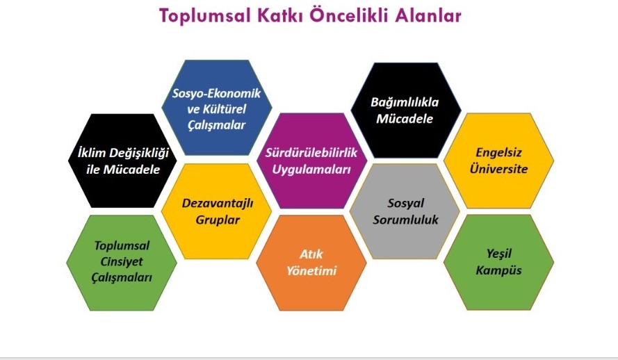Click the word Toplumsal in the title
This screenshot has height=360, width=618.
pos(205,16)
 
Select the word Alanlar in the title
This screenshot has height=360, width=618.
pos(428,16)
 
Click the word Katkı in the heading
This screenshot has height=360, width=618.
pos(280,16)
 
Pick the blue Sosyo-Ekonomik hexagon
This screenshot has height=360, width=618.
pos(217,108)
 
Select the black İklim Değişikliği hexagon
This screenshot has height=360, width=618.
pos(122,161)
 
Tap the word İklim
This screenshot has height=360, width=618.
pos(91,152)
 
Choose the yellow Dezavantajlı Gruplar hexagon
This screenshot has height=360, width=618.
pos(217,211)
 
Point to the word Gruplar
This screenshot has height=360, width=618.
pos(218,220)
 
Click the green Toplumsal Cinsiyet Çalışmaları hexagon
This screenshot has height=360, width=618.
pos(122,263)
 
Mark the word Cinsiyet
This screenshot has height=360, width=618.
pos(122,261)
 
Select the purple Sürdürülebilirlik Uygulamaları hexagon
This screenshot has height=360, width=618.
pos(311,161)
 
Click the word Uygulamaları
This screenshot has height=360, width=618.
pos(311,170)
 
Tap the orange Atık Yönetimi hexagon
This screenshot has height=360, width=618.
pos(311,263)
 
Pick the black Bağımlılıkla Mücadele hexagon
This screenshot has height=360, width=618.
pos(405,110)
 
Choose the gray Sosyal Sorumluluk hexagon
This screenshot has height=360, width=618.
pos(405,211)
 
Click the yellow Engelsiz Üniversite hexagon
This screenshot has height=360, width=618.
pos(498,161)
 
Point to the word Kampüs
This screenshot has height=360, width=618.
pos(498,270)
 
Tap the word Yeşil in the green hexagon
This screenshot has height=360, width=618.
pos(499,254)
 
